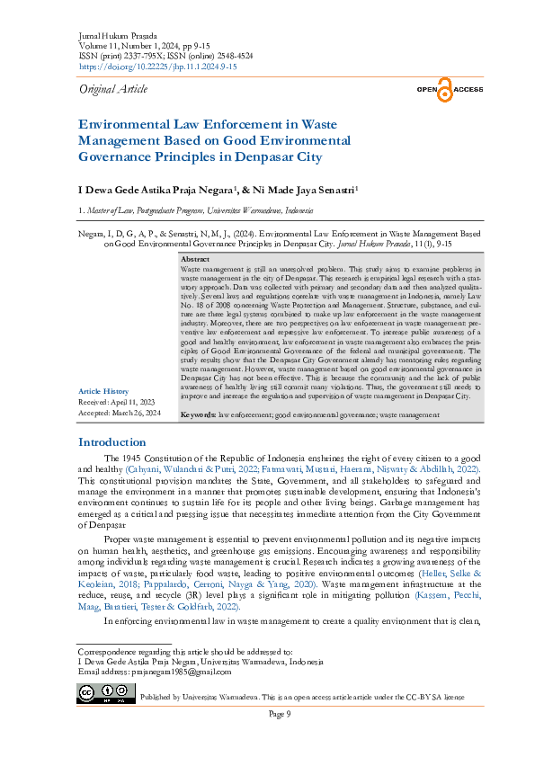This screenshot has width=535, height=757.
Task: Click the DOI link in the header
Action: tap(157, 67)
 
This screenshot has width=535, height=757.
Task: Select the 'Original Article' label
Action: tap(113, 89)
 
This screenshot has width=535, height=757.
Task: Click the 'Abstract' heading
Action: tap(195, 259)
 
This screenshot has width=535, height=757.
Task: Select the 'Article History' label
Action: tap(103, 391)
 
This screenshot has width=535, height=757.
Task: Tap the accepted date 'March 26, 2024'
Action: tap(136, 413)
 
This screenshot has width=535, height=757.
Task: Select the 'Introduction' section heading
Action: tap(112, 442)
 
